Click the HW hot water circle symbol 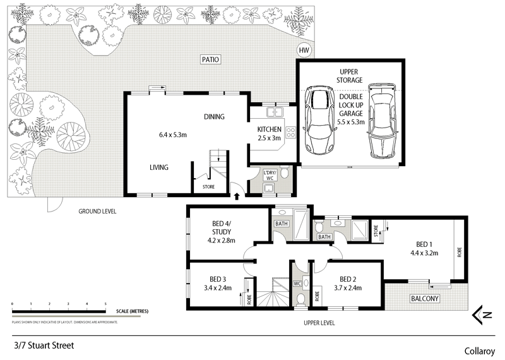pyautogui.click(x=304, y=51)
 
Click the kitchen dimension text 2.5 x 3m pyautogui.click(x=268, y=138)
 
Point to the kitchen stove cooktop pyautogui.click(x=291, y=133)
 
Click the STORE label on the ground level pyautogui.click(x=208, y=187)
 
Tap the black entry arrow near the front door pyautogui.click(x=237, y=196)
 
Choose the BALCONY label pyautogui.click(x=424, y=298)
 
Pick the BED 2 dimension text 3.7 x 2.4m pyautogui.click(x=347, y=288)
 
